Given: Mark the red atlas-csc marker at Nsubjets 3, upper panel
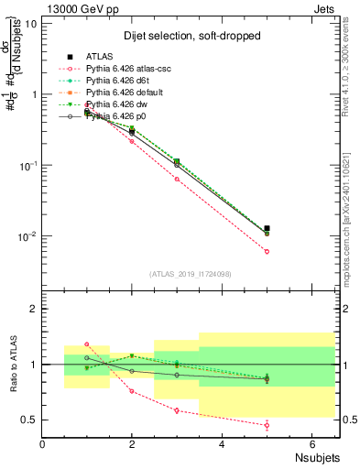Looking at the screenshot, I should click(177, 179).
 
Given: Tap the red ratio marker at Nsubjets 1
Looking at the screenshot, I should click(87, 344).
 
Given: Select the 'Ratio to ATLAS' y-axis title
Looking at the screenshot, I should click(12, 365).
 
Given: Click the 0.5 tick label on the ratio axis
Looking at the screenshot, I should click(29, 420).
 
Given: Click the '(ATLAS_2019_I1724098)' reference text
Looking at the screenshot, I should click(191, 274).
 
